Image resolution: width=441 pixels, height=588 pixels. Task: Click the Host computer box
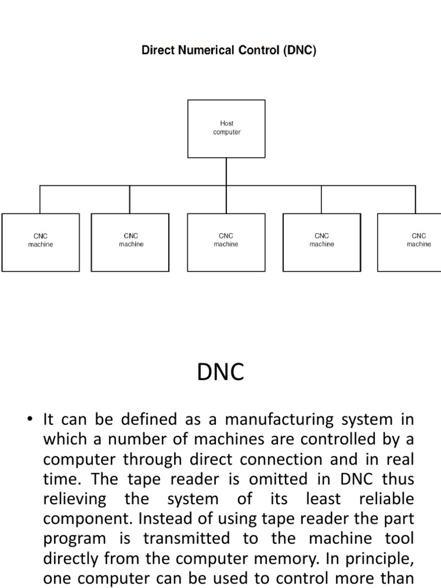(x=226, y=129)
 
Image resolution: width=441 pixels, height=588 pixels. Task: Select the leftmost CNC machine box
(x=40, y=242)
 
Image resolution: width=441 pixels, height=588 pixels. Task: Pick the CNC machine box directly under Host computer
(x=226, y=242)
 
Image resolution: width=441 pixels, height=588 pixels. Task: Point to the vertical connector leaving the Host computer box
(x=226, y=171)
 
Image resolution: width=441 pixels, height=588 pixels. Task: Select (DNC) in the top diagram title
(x=299, y=51)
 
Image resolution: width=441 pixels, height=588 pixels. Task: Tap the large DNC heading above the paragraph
(x=220, y=372)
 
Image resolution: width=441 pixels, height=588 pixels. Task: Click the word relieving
(x=75, y=499)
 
